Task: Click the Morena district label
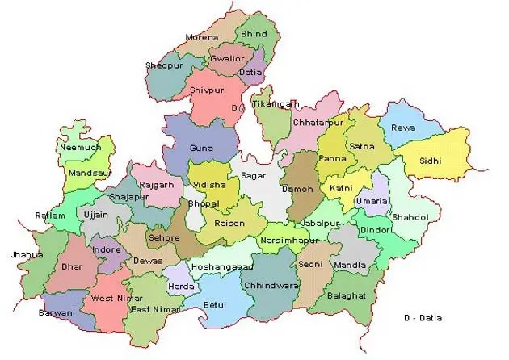coord(201,37)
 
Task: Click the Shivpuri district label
coord(208,90)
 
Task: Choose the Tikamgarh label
coord(276,104)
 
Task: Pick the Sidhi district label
coord(430,161)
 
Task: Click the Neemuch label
coord(79,148)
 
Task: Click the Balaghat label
coord(348,296)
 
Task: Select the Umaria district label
coord(374,200)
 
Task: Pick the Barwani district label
coord(57,312)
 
